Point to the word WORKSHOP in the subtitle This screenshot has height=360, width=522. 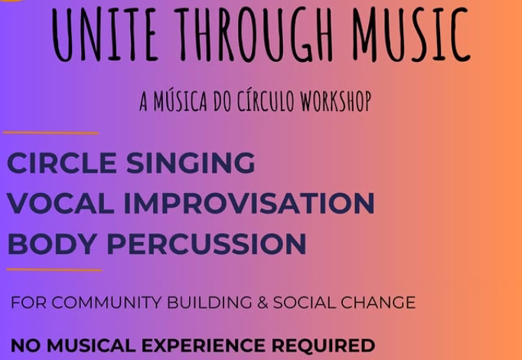(333, 102)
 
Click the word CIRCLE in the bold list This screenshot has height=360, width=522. (62, 162)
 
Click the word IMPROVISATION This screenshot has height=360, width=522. (250, 203)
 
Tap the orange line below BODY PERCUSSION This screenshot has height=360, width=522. (54, 270)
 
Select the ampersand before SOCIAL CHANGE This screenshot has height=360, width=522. (262, 303)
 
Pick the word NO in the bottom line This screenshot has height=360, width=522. (24, 345)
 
